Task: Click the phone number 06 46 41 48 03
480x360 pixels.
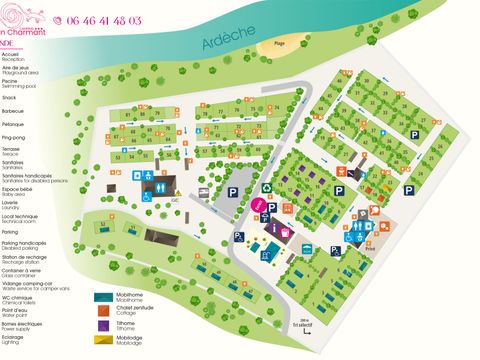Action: click(x=104, y=19)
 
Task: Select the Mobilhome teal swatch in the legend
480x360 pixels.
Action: click(x=103, y=297)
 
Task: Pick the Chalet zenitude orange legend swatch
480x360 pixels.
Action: click(x=103, y=312)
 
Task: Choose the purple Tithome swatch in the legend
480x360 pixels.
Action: click(x=103, y=326)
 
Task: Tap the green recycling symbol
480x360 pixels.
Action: click(x=266, y=186)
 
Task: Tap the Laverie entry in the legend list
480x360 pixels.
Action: click(x=11, y=201)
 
